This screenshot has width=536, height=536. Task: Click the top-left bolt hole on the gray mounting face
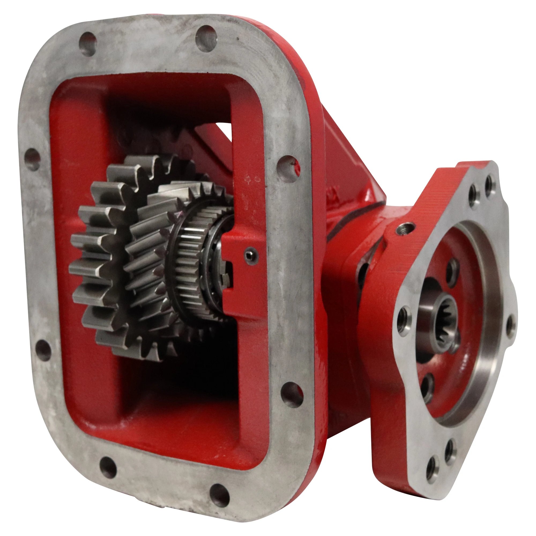tap(87, 44)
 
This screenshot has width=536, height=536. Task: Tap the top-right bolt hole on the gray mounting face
tap(206, 38)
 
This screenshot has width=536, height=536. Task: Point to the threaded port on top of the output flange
tap(405, 228)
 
